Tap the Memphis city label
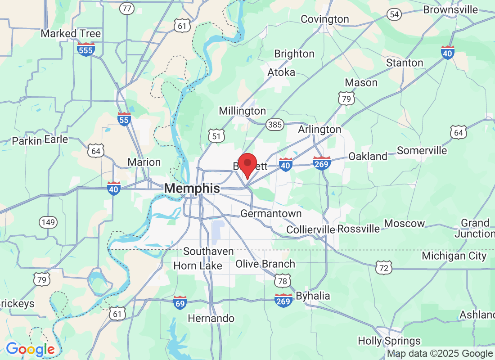click(192, 189)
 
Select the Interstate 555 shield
click(85, 49)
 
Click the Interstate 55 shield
click(124, 119)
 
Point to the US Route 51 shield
click(216, 135)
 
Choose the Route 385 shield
click(274, 125)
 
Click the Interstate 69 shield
click(180, 302)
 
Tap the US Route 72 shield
click(384, 268)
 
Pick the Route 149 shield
click(48, 222)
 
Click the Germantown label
click(271, 213)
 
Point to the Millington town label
click(242, 111)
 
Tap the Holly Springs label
click(389, 341)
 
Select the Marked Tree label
click(71, 34)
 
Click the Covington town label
click(325, 19)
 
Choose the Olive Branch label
click(265, 264)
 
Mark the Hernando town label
click(211, 319)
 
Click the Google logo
click(30, 349)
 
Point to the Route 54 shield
click(394, 14)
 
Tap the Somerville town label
click(422, 151)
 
